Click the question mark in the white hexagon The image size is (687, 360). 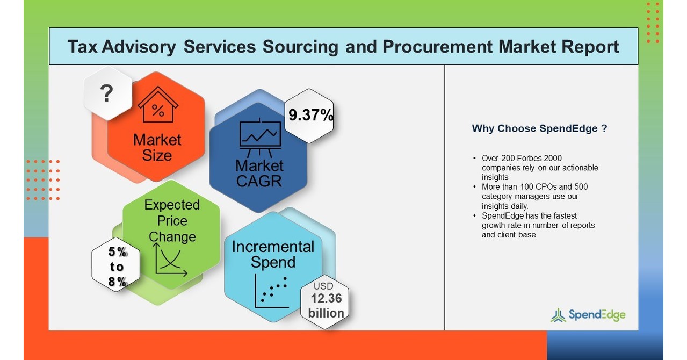point(107,93)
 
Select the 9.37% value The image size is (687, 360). point(310,116)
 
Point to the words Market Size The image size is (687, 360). point(157,148)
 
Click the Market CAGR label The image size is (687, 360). point(259,172)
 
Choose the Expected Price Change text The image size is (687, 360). point(172,220)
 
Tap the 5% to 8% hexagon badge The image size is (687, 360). point(117,267)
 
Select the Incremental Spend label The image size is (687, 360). point(273,255)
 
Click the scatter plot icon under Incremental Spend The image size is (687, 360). point(272,292)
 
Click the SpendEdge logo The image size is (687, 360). point(588,315)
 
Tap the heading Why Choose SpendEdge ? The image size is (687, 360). point(539,129)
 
